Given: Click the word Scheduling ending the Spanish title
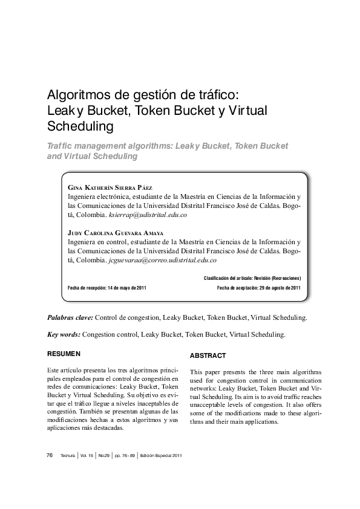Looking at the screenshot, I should pos(80,127).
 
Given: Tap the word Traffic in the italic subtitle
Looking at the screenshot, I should pos(62,146).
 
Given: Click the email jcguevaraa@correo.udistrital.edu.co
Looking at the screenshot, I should pos(162,260).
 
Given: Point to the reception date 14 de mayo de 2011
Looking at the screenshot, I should pos(126,288).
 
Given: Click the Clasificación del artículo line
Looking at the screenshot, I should pos(252,278).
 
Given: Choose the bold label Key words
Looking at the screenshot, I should pos(64,334).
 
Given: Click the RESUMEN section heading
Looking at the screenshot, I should pos(64,353).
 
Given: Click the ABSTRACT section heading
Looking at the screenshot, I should pos(208,355).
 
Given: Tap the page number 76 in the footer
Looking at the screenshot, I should pos(50,455).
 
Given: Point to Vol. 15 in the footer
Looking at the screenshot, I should pos(87,455).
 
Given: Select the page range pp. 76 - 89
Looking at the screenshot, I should pos(125,455).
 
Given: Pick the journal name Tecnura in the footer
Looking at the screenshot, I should pos(67,455).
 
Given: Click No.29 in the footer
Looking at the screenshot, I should pos(103,455).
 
